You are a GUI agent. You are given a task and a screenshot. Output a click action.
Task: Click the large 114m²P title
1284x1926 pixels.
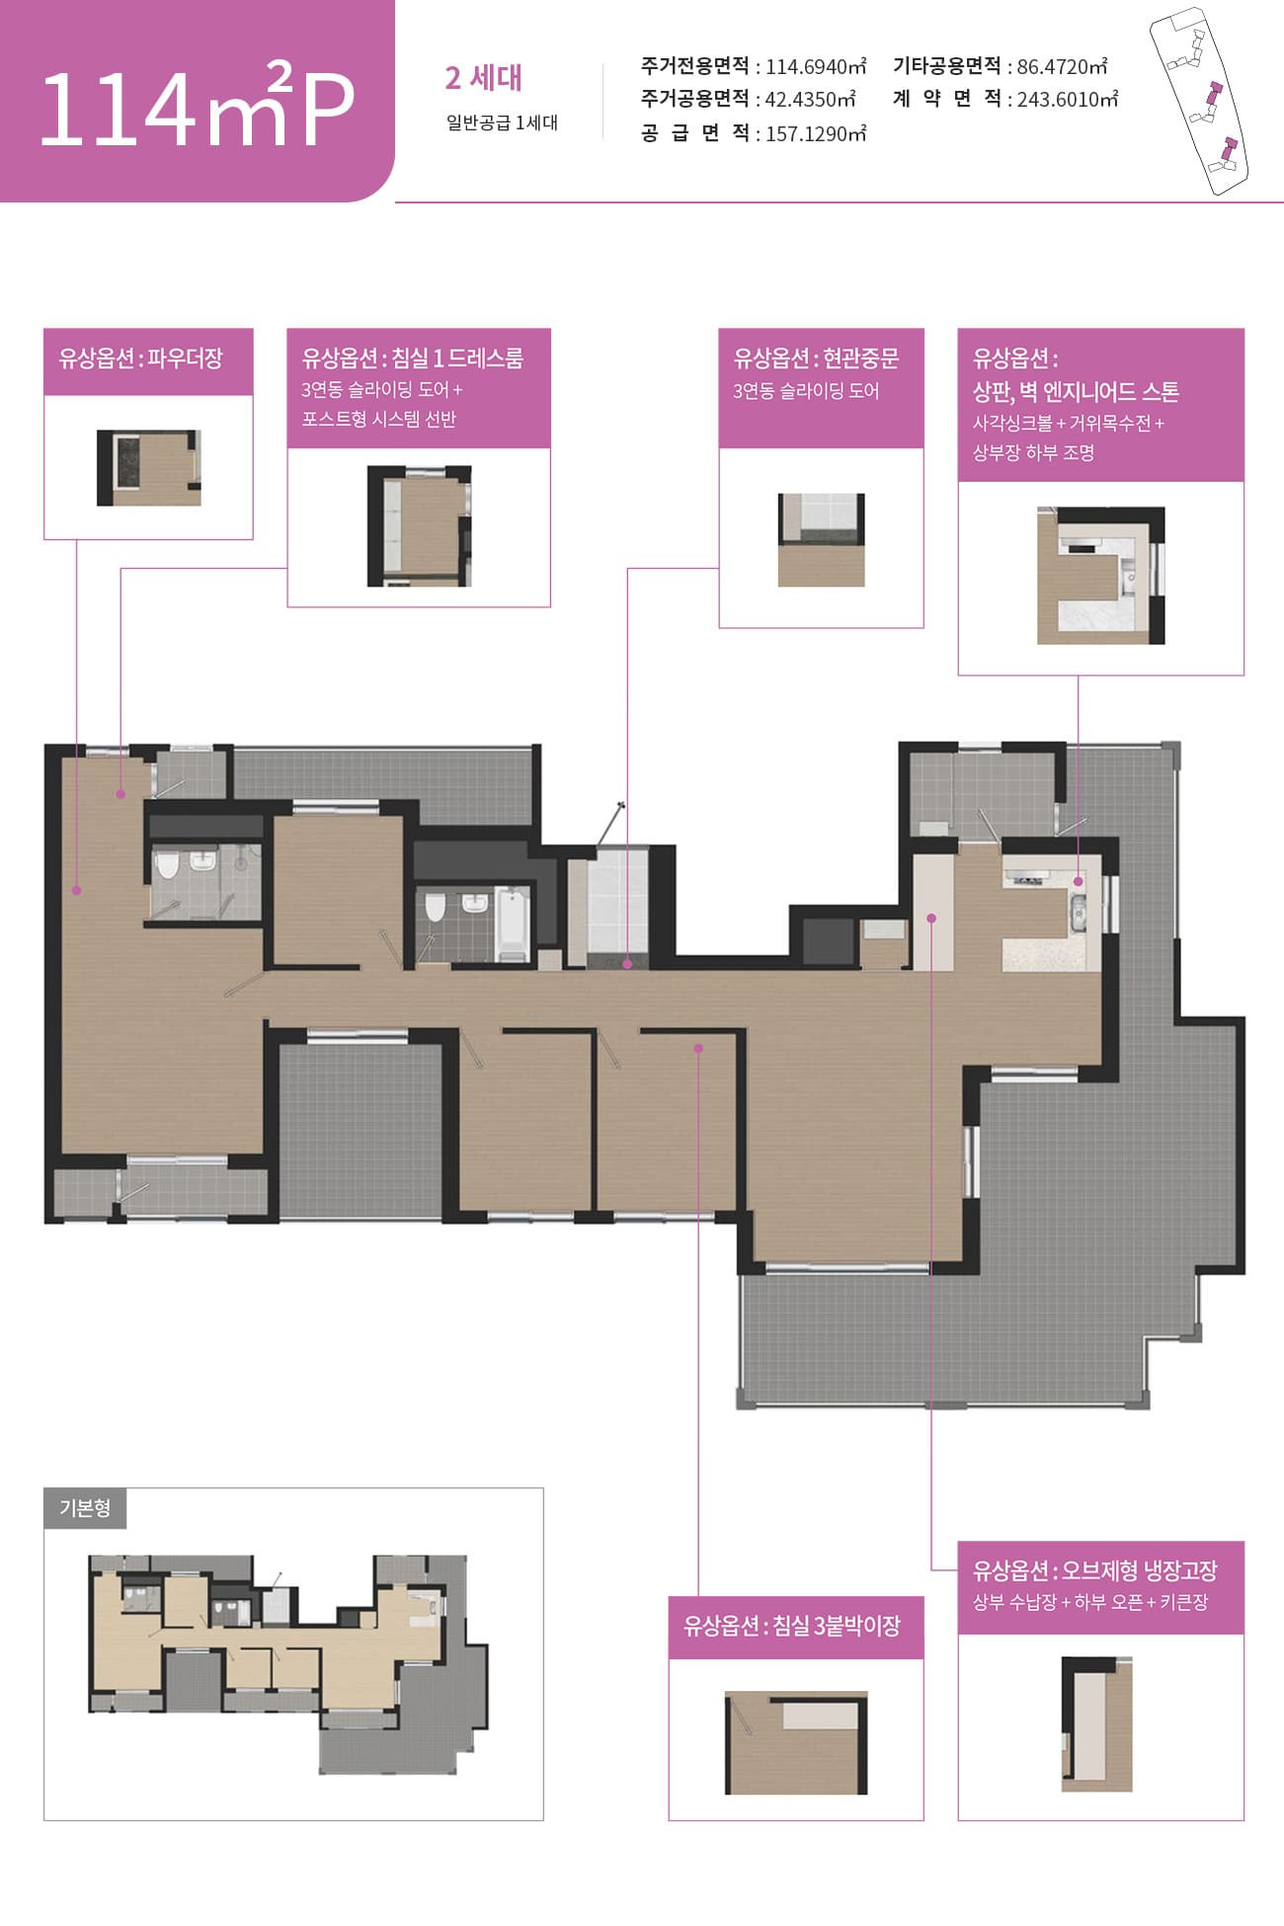(x=197, y=106)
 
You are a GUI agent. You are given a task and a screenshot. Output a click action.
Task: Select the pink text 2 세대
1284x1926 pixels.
(x=483, y=77)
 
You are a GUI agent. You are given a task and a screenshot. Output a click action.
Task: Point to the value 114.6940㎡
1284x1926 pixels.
(x=816, y=66)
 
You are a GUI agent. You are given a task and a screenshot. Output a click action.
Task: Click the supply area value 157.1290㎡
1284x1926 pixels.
(x=816, y=133)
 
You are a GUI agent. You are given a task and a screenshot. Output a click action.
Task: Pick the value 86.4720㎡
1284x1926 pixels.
(x=1062, y=66)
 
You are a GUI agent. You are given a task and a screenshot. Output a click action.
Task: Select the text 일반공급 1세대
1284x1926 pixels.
(x=502, y=122)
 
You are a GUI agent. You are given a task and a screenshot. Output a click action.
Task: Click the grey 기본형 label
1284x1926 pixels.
(x=85, y=1508)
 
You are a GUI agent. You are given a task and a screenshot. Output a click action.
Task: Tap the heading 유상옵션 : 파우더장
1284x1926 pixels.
(x=140, y=358)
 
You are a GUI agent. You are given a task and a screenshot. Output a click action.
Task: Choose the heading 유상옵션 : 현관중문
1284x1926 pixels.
(x=816, y=358)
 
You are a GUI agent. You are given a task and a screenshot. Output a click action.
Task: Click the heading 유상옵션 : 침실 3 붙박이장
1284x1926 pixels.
(x=792, y=1625)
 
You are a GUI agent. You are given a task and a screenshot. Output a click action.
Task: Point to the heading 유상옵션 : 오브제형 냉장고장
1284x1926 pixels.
(x=1095, y=1569)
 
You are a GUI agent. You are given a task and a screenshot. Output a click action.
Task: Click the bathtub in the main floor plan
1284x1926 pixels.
(x=513, y=923)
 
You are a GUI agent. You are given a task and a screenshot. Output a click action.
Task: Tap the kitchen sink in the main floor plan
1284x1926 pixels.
(x=1078, y=912)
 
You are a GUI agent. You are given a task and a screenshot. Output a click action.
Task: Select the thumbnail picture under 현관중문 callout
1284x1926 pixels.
(x=821, y=540)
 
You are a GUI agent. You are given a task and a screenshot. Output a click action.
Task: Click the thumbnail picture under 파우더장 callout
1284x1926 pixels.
(x=148, y=468)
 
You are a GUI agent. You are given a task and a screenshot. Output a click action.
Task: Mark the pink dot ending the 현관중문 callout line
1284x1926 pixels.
(x=627, y=963)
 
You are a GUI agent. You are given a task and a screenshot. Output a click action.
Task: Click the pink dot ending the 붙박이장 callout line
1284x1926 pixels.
(x=698, y=1048)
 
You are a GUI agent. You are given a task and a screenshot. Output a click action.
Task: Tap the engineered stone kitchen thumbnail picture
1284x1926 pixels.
(x=1100, y=576)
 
